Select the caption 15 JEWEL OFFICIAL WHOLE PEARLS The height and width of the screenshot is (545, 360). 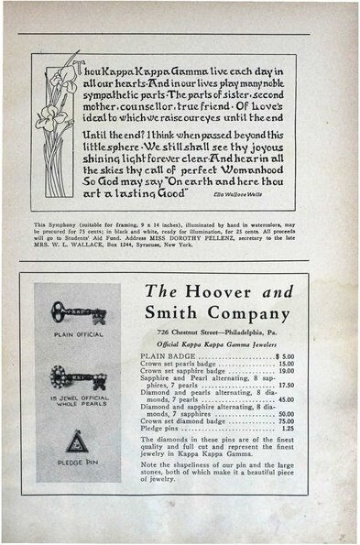coord(78,400)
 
